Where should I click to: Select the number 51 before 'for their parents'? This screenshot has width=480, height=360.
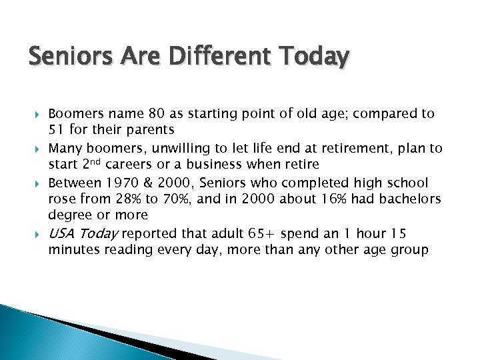click(x=56, y=129)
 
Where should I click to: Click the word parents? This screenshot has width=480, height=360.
click(x=151, y=129)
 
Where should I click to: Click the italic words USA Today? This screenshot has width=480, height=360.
click(x=83, y=233)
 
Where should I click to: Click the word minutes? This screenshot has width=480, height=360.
click(x=72, y=250)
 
